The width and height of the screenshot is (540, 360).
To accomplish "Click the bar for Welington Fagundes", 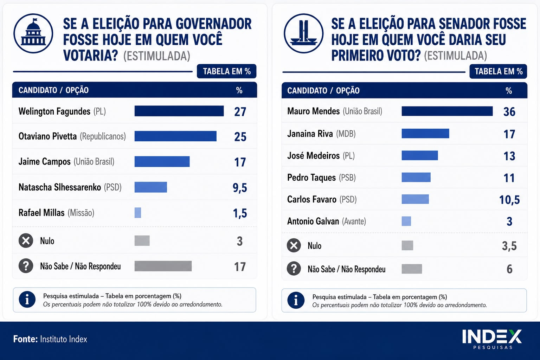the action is click(x=179, y=111).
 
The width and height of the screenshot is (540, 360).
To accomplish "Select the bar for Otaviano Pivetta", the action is click(x=175, y=136).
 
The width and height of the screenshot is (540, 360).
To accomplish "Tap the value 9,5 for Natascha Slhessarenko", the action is click(x=240, y=188).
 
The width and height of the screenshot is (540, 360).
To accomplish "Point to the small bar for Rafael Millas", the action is click(x=138, y=213).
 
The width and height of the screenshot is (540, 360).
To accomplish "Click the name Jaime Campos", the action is click(x=44, y=162).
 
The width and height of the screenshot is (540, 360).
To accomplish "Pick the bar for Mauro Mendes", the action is click(x=447, y=111).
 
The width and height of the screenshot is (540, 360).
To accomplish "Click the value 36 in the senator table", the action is click(x=509, y=112).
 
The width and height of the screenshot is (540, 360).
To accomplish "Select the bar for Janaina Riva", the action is click(x=425, y=133).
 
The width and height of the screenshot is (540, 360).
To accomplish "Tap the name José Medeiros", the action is click(x=313, y=156).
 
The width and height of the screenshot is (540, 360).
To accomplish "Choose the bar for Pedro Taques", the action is click(x=416, y=177).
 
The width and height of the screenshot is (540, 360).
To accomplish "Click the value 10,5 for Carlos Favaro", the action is click(x=509, y=200).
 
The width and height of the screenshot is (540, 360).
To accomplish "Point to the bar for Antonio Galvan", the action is click(x=406, y=221).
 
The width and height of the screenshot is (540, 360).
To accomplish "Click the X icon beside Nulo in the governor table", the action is click(x=26, y=240).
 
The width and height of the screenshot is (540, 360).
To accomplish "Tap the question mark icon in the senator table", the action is click(x=294, y=269).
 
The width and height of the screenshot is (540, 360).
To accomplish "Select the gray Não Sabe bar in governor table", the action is click(x=163, y=266).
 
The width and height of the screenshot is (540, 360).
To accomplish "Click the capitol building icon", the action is click(x=33, y=33).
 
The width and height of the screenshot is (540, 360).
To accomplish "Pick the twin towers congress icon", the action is click(x=303, y=33).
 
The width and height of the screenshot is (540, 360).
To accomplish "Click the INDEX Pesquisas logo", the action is click(x=492, y=339).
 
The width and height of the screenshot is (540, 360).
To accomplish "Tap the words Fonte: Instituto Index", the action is click(x=50, y=339).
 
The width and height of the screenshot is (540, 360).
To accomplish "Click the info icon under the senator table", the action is click(x=296, y=300).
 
